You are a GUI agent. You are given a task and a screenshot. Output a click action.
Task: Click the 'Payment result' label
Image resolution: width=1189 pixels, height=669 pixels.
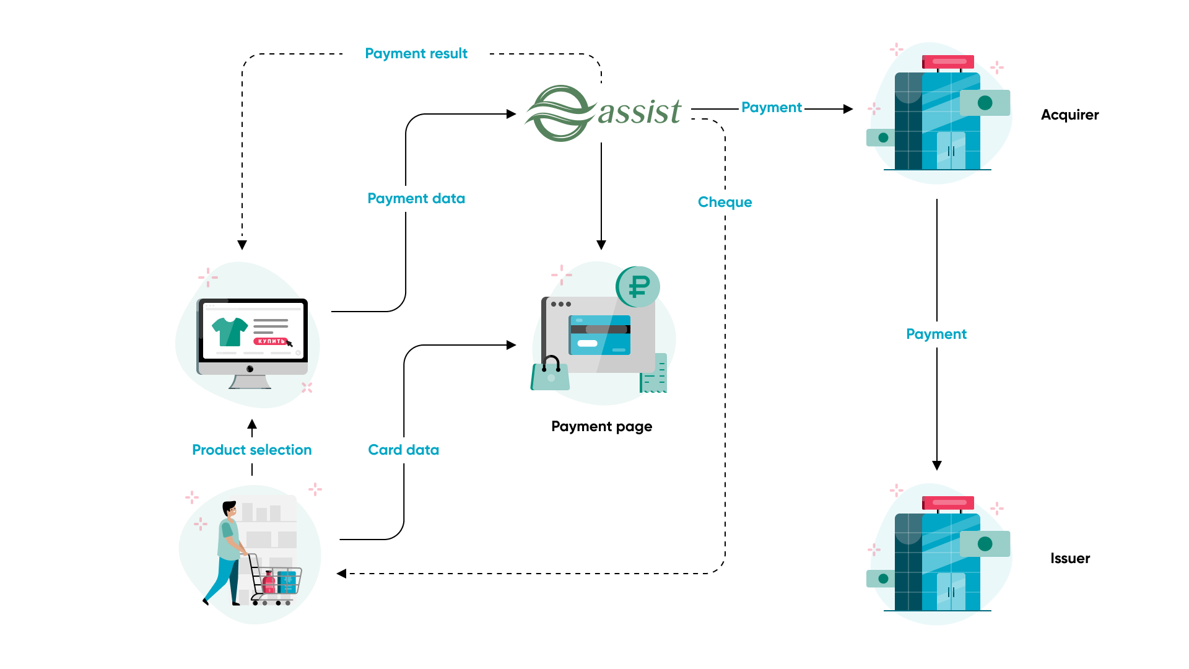coord(416,54)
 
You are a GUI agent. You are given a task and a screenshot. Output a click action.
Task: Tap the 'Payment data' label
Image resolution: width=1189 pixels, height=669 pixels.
coord(416,199)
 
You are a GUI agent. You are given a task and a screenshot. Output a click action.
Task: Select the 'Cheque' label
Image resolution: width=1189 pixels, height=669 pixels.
coord(725,203)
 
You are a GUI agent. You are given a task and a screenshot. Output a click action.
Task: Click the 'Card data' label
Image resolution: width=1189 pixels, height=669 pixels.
coord(403,450)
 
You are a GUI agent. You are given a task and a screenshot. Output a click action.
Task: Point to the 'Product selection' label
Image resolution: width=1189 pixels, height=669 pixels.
coord(251,450)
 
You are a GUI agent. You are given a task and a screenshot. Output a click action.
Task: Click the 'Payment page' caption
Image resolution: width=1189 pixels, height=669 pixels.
coord(601,427)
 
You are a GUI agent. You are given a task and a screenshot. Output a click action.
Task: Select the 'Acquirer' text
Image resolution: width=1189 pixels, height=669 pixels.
coord(1069,115)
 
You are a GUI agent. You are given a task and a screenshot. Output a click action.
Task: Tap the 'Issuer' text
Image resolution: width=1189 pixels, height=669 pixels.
coord(1069,559)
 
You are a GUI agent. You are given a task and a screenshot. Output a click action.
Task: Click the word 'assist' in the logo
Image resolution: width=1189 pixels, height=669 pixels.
coord(639,113)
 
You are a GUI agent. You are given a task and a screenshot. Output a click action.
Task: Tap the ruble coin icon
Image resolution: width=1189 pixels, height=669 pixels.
coord(638,287)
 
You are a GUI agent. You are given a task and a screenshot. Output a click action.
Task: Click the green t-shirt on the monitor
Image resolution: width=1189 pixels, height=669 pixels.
coord(229,331)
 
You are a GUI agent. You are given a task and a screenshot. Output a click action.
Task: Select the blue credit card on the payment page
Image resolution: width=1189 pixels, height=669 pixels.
coord(599,335)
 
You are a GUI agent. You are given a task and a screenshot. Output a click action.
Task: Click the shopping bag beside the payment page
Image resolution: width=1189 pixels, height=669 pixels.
coord(549,374)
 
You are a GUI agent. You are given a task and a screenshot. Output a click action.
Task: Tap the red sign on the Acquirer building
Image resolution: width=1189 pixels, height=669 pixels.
coord(948,62)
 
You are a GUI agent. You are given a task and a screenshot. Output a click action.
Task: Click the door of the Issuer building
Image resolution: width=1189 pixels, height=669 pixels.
coord(951,592)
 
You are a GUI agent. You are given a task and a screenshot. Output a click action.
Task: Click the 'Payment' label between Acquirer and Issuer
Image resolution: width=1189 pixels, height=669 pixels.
coord(936,334)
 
